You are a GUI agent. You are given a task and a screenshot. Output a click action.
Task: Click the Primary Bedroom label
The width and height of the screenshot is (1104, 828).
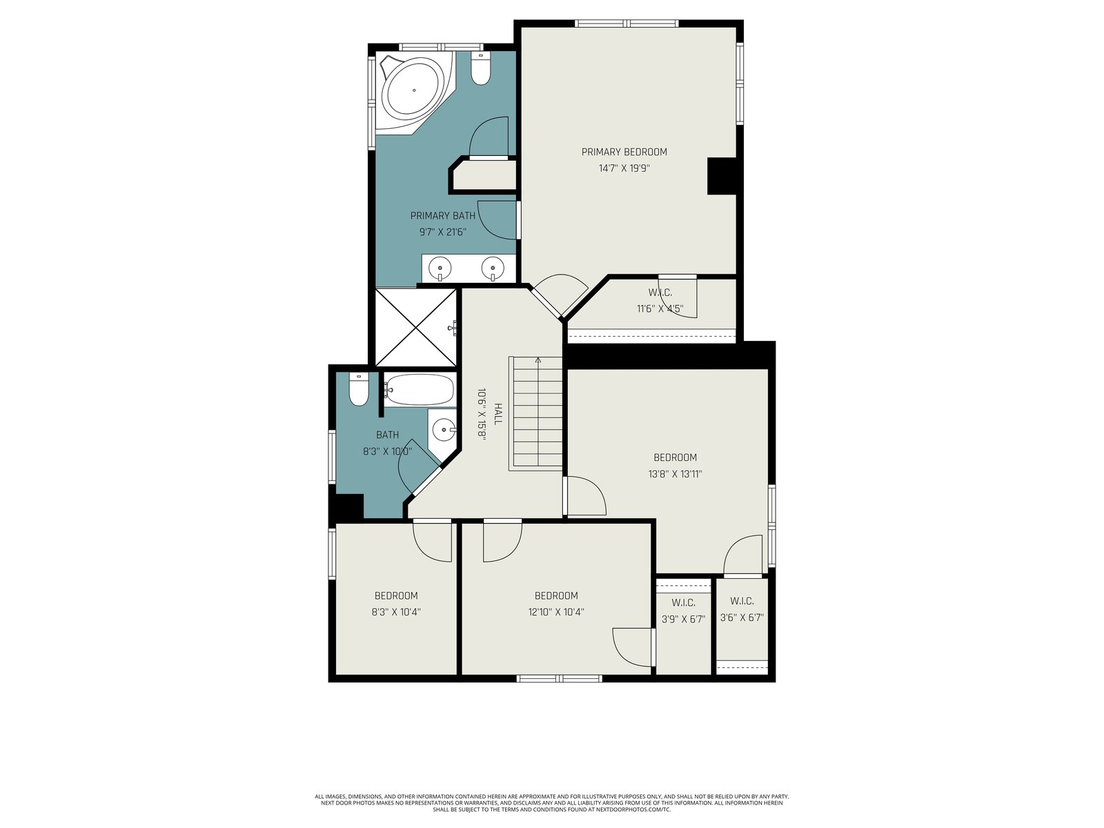(x=624, y=152)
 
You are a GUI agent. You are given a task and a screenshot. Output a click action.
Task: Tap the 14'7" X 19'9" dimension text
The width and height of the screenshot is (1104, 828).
(x=624, y=168)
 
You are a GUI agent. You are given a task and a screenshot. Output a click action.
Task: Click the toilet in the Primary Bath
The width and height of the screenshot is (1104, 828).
(x=480, y=69)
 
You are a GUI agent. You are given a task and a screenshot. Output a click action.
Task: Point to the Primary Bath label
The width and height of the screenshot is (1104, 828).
(x=442, y=216)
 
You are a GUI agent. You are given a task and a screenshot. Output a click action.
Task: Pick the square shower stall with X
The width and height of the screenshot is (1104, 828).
(x=416, y=327)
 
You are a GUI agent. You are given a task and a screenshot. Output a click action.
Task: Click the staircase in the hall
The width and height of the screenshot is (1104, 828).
(x=535, y=414)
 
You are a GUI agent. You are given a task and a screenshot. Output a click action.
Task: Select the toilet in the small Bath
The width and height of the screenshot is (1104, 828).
(x=359, y=389)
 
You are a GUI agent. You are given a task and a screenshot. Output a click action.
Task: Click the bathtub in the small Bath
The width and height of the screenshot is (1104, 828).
(x=420, y=390)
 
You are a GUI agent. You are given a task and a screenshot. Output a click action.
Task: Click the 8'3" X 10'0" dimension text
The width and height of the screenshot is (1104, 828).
(x=387, y=451)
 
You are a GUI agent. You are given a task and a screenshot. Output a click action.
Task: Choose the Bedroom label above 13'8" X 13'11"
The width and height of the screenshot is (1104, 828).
(x=675, y=457)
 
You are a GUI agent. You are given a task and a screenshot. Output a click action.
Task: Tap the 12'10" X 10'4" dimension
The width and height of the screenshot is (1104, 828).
(x=556, y=612)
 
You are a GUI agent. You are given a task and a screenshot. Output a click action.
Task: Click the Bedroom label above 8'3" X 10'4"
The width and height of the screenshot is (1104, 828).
(x=396, y=595)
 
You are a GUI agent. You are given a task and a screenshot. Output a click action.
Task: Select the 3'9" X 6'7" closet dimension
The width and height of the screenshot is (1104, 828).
(x=684, y=620)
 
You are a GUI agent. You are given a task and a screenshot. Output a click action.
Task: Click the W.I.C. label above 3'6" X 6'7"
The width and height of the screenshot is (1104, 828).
(x=742, y=601)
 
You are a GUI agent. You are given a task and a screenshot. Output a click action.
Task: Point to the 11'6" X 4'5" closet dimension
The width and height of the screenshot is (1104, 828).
(x=660, y=308)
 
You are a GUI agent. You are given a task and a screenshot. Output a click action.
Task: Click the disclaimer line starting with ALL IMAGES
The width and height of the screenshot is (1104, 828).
(x=552, y=797)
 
